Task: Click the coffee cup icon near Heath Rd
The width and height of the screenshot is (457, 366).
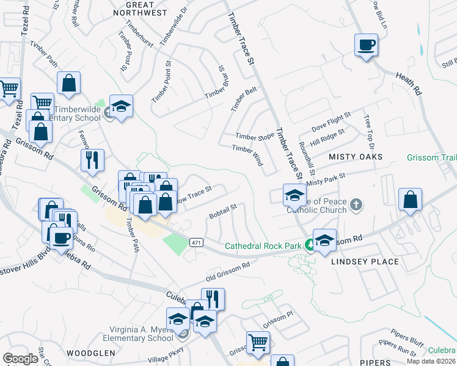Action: tap(366, 45)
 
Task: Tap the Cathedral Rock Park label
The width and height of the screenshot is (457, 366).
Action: tap(263, 246)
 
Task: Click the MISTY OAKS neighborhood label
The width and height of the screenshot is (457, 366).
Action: tap(356, 157)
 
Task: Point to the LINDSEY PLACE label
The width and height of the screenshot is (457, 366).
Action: tap(365, 262)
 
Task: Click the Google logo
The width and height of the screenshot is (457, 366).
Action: tap(20, 359)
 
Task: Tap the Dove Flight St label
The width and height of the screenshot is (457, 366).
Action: tap(331, 120)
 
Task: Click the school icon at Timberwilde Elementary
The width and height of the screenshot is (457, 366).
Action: tap(121, 107)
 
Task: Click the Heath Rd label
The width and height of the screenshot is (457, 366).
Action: tap(409, 82)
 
